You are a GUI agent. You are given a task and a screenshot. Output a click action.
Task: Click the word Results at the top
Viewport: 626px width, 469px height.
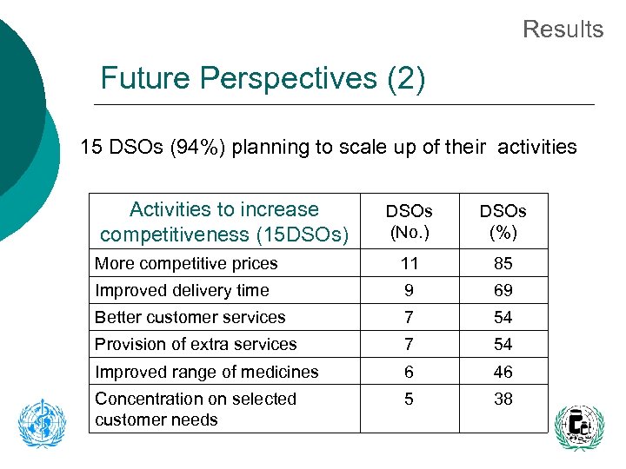(x=563, y=30)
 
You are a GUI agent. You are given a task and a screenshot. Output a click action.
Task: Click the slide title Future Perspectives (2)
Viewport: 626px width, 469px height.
(x=263, y=79)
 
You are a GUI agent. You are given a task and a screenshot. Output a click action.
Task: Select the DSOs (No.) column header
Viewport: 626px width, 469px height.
(x=410, y=221)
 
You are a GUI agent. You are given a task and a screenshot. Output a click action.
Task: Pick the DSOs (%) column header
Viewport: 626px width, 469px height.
(x=503, y=221)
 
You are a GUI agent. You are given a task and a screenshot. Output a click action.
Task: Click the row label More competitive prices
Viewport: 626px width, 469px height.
(x=186, y=263)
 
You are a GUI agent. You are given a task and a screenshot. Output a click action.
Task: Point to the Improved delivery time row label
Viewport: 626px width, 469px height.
(x=182, y=290)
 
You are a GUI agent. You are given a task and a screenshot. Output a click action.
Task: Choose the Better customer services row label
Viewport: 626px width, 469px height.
(x=190, y=317)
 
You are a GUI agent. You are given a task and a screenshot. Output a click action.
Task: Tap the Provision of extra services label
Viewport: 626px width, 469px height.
(x=196, y=344)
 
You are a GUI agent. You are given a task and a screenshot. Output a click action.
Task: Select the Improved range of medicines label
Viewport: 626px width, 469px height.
(x=207, y=372)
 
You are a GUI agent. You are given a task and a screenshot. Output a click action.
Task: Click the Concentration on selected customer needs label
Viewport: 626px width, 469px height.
(x=196, y=409)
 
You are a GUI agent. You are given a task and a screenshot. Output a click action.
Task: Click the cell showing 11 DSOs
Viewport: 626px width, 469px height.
(x=410, y=263)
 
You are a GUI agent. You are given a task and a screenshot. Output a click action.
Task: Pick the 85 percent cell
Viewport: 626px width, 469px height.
(x=503, y=263)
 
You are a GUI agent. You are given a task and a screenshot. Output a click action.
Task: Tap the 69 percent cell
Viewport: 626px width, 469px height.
(x=503, y=290)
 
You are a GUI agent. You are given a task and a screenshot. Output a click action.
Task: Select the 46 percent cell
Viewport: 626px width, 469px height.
(x=503, y=372)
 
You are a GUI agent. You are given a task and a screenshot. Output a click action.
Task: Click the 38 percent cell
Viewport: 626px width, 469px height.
(x=503, y=399)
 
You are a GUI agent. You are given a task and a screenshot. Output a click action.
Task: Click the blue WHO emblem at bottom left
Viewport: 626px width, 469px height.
(x=42, y=423)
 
